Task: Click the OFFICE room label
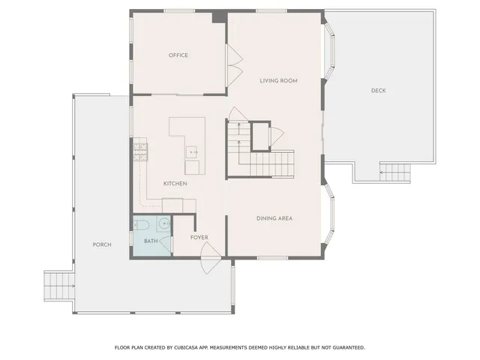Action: point(178,55)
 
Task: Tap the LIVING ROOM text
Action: point(275,80)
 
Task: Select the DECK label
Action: point(379,91)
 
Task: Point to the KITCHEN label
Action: point(175,184)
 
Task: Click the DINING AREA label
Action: point(274,218)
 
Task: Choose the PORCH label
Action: point(102,244)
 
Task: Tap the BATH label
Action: point(151,241)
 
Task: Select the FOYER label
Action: point(199,238)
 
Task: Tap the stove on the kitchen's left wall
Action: point(139,154)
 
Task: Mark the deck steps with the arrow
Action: point(396,172)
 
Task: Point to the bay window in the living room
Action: point(329,52)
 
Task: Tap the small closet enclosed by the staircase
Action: point(260,136)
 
